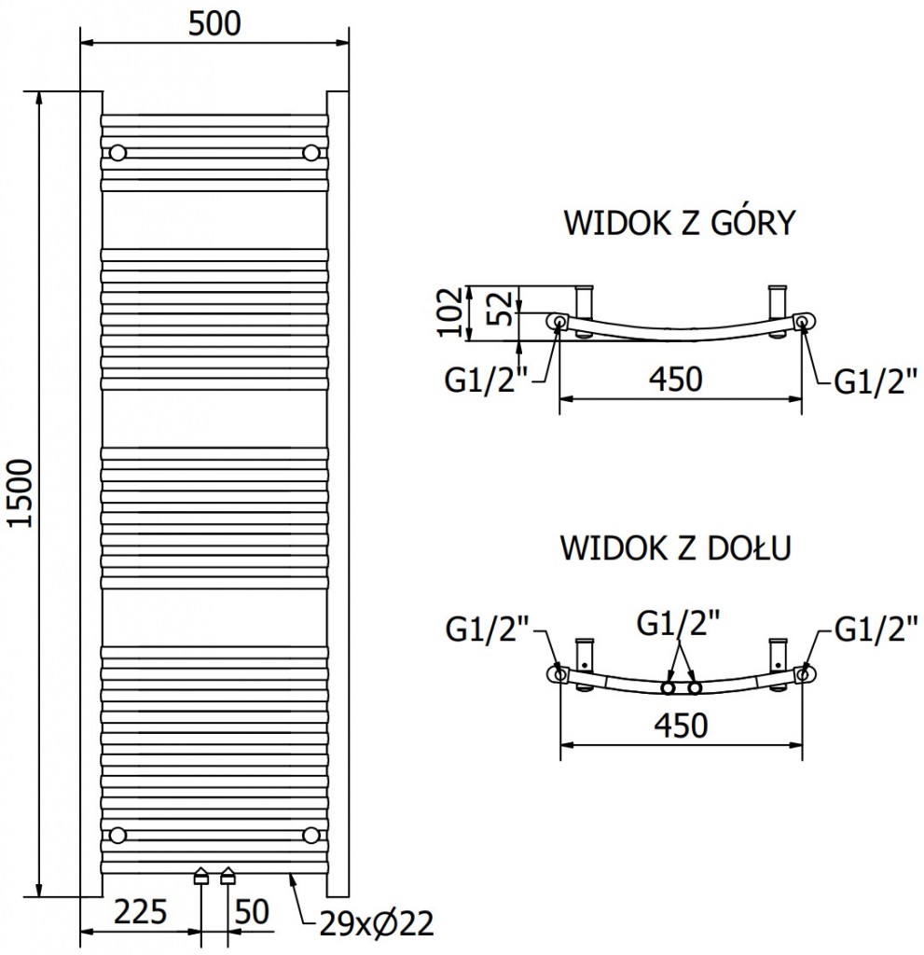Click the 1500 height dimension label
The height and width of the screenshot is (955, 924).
click(x=21, y=493)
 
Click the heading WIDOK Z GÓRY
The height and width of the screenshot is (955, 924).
click(x=678, y=224)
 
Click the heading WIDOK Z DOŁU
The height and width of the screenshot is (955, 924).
click(x=676, y=547)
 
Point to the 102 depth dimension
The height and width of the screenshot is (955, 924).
click(x=449, y=311)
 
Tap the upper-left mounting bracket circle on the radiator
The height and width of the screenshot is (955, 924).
click(x=117, y=152)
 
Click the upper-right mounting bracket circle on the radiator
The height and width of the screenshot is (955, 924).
click(x=310, y=152)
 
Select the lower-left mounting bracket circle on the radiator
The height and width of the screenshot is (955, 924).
click(x=117, y=834)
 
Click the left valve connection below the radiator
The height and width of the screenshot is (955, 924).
click(x=201, y=876)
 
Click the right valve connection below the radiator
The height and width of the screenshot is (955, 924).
click(x=228, y=876)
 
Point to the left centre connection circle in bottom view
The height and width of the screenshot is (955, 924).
click(x=668, y=688)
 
